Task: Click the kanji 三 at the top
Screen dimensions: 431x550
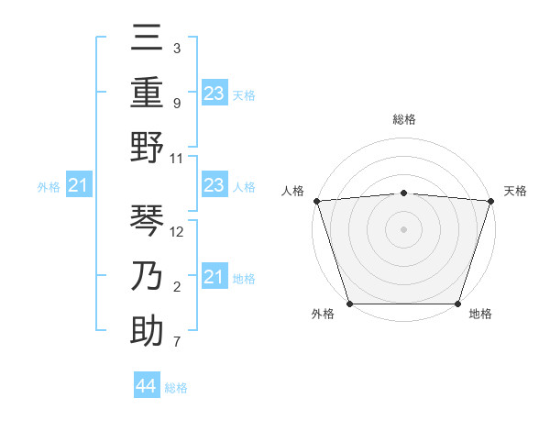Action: tap(147, 39)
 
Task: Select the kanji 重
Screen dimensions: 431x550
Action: tap(147, 92)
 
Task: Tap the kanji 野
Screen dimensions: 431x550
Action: tap(147, 147)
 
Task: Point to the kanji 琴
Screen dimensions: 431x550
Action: tap(147, 220)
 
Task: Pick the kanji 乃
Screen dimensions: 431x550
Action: tap(147, 275)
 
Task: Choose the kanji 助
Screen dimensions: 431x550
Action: tap(147, 330)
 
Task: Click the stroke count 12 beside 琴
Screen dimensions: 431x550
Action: tap(178, 232)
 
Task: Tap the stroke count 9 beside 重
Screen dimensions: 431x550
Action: tap(176, 104)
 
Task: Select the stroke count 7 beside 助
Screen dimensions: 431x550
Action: tap(176, 343)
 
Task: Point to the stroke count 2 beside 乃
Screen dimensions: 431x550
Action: tap(176, 288)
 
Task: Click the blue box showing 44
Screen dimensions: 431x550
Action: tap(147, 386)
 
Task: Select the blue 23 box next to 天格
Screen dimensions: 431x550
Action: tap(214, 93)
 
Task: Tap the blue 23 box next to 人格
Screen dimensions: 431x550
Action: tap(214, 185)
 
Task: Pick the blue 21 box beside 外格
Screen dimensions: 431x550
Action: tap(79, 186)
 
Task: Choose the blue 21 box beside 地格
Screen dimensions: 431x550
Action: tap(214, 277)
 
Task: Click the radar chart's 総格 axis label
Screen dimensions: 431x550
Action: tap(403, 119)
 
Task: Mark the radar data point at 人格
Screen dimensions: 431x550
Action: tap(316, 200)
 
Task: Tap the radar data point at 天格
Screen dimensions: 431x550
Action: tap(490, 200)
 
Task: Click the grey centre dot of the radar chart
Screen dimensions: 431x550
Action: tap(403, 228)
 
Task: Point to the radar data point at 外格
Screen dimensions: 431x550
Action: tap(349, 303)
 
